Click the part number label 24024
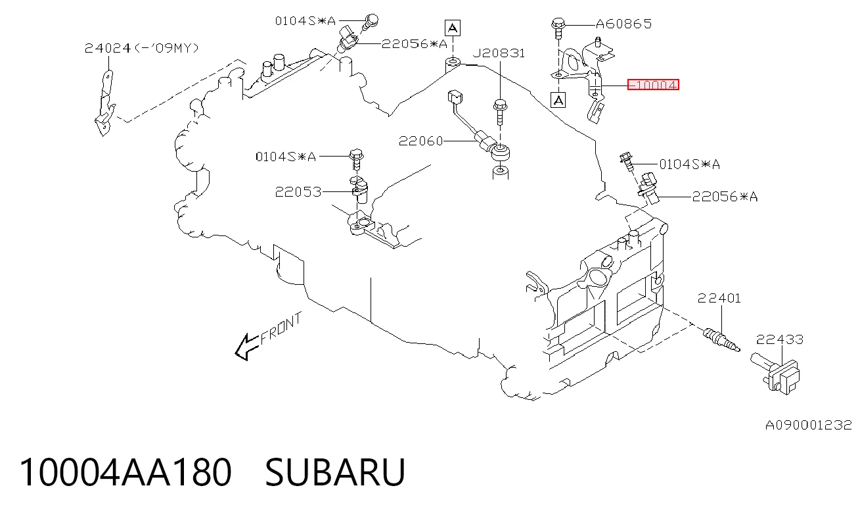point(108,48)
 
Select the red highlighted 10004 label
point(653,85)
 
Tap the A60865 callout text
point(623,24)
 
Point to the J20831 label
point(499,53)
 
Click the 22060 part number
point(420,141)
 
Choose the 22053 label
point(298,192)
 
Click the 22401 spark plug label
point(719,299)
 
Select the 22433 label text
point(779,339)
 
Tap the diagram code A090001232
point(808,425)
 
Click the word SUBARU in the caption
point(335,472)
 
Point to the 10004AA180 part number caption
point(125,472)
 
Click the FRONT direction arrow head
point(242,347)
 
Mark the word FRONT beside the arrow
point(281,328)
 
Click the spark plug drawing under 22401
point(721,339)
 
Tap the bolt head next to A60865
point(558,24)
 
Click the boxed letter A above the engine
point(453,28)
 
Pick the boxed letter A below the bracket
point(558,101)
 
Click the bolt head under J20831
point(500,105)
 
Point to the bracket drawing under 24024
point(105,103)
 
